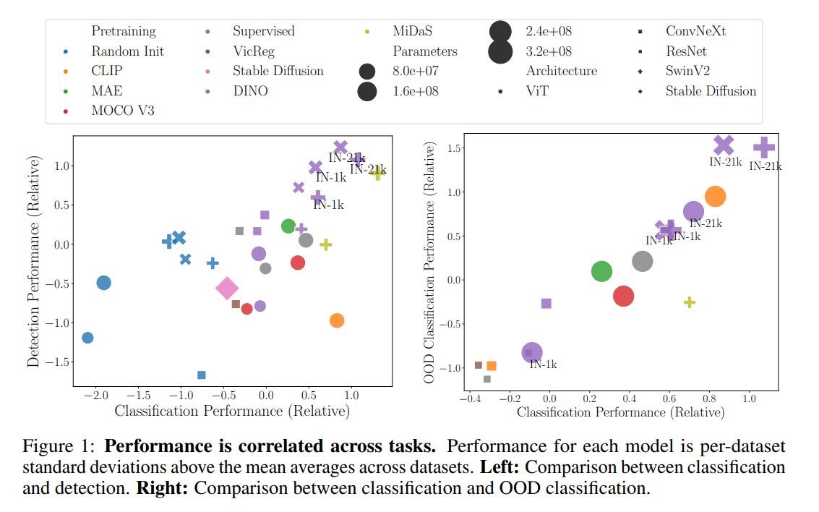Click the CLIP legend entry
(107, 71)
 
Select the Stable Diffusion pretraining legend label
(278, 71)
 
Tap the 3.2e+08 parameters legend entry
(549, 51)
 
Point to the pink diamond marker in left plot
(227, 288)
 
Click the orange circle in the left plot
(336, 320)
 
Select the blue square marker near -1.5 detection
(202, 375)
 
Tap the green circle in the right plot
(601, 271)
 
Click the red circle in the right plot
(623, 296)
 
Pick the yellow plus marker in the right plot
(690, 302)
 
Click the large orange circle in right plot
(715, 196)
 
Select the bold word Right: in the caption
(162, 487)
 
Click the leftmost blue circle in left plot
(87, 338)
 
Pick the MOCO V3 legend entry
(122, 111)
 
